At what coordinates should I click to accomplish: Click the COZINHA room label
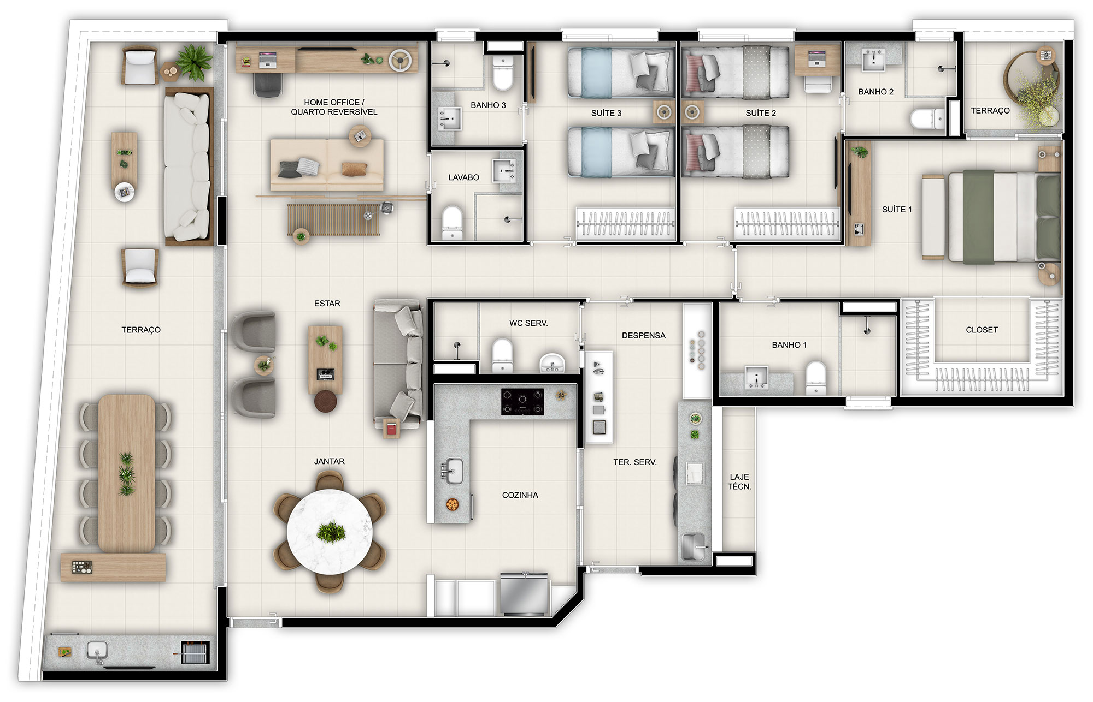520,495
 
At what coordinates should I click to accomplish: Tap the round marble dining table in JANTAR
330,532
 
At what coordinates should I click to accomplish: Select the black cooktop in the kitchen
523,402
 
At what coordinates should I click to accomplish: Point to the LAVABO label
463,177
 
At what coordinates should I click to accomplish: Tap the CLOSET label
982,330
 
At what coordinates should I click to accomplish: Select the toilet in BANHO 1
816,377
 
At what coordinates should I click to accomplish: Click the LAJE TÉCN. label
739,481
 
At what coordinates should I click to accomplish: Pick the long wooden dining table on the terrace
127,473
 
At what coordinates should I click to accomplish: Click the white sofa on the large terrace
187,166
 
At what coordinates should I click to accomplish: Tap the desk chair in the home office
268,85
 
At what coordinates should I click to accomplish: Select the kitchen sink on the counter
452,471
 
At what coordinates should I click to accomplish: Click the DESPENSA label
644,335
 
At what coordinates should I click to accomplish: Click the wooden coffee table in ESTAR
326,360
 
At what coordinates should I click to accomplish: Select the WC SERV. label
528,323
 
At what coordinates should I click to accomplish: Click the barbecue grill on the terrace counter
195,652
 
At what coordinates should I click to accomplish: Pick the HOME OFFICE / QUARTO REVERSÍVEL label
334,107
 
